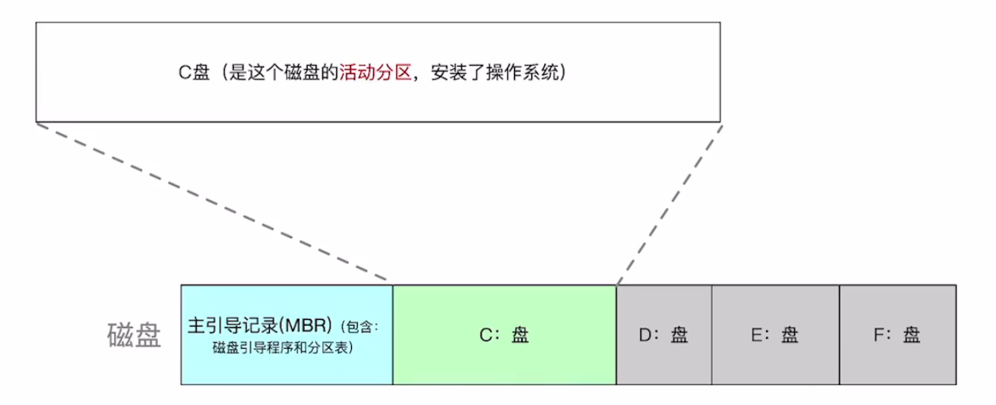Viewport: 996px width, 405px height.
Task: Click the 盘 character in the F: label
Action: pos(911,335)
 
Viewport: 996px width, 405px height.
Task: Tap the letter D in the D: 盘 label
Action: pos(643,335)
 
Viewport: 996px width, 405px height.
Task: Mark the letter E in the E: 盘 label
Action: pos(756,335)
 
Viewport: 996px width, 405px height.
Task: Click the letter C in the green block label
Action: pos(485,335)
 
